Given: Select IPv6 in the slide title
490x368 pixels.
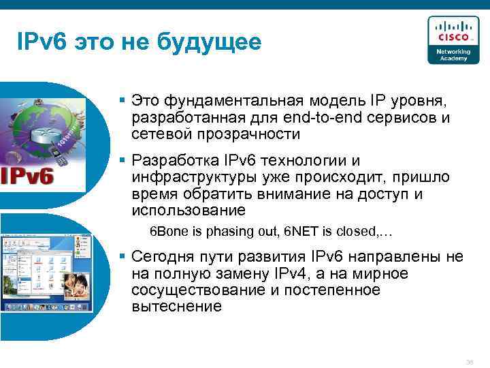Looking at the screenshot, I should point(40,42).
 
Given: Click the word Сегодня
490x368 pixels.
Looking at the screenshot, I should point(162,257).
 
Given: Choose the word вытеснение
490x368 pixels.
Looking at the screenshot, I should point(176,306).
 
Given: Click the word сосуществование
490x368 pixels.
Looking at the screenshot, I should point(190,290).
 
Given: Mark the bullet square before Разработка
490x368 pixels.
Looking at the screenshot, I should point(122,161).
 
